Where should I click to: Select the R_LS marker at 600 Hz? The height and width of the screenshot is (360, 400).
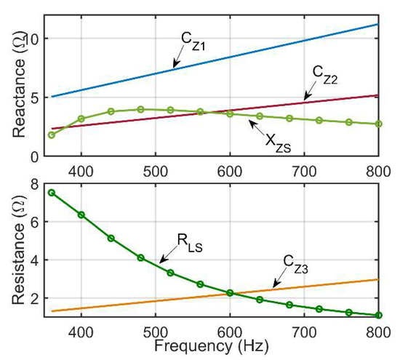pos(230,292)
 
